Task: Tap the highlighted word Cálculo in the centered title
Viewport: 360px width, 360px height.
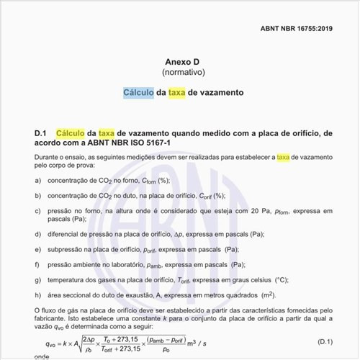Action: tap(138, 93)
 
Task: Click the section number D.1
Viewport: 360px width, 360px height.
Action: tap(40, 133)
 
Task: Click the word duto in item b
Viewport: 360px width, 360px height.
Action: tap(127, 195)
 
